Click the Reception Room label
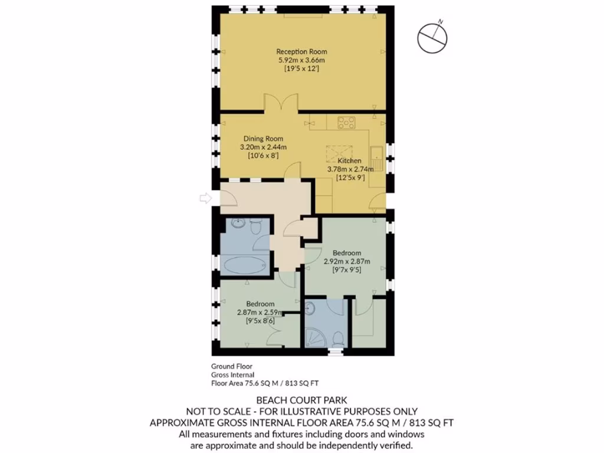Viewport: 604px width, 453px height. click(x=302, y=52)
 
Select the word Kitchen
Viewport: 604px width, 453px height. click(x=349, y=161)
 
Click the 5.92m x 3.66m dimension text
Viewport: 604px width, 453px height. click(x=302, y=60)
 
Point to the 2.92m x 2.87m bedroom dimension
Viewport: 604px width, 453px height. click(x=347, y=261)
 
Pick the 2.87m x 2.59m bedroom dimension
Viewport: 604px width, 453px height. click(x=260, y=313)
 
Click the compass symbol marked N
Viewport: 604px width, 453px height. click(x=432, y=38)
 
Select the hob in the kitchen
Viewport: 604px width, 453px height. click(x=344, y=123)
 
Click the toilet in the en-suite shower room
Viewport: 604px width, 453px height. click(x=338, y=339)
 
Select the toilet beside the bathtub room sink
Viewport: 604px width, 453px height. click(x=256, y=227)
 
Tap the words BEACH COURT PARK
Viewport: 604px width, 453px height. click(x=301, y=401)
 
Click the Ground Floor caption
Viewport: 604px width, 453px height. click(x=231, y=366)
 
